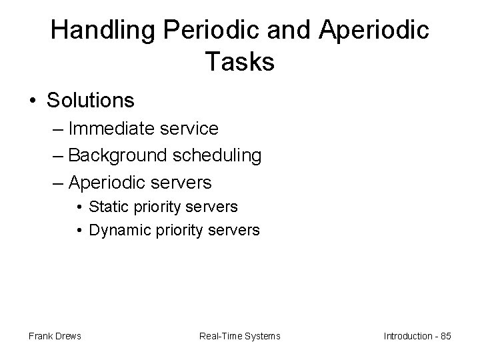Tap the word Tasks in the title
pyautogui.click(x=239, y=62)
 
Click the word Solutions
pyautogui.click(x=91, y=100)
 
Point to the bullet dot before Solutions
pyautogui.click(x=33, y=101)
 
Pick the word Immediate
pyautogui.click(x=111, y=127)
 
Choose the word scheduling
pyautogui.click(x=216, y=155)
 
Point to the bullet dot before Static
pyautogui.click(x=79, y=207)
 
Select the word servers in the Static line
pyautogui.click(x=213, y=207)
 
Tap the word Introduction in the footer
pyautogui.click(x=408, y=336)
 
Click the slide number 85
pyautogui.click(x=445, y=336)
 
